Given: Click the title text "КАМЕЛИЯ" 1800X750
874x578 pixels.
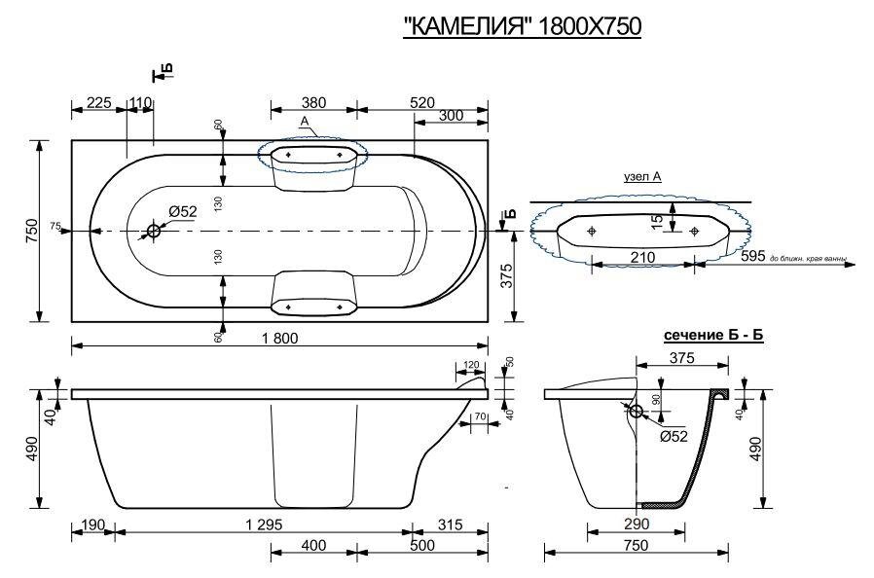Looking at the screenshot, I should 522,27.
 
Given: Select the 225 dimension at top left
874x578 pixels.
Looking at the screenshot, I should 97,102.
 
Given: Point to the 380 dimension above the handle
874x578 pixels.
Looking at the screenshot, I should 312,102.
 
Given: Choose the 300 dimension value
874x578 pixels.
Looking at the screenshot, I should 451,116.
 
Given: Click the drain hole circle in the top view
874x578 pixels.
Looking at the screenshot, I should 154,231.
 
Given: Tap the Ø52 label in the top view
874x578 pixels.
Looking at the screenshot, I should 182,212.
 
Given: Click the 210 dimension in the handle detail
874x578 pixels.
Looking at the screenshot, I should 641,257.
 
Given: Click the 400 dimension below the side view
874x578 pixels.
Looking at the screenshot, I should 312,546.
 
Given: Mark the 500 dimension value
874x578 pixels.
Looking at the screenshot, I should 451,546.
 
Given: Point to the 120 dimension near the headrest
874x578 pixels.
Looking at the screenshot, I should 472,364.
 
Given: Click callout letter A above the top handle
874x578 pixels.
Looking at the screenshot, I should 305,121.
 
